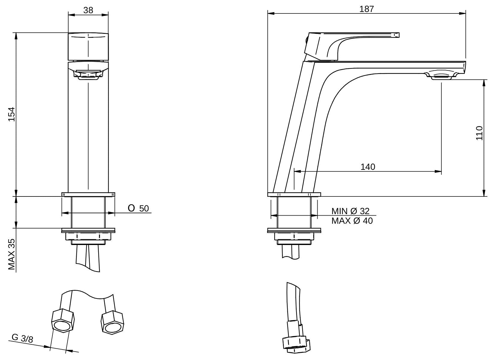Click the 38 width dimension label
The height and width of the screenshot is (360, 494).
88,10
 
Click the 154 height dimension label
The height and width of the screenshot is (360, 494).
11,114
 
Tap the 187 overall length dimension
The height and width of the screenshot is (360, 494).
366,9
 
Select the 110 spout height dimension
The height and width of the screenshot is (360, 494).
479,133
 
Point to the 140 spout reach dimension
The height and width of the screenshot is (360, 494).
367,167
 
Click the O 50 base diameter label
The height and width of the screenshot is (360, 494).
138,208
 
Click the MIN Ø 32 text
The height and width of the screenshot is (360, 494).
350,211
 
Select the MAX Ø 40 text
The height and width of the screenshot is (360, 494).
352,221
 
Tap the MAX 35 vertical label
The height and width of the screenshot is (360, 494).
11,254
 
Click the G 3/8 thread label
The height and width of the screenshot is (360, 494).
22,338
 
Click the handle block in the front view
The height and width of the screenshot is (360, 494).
88,47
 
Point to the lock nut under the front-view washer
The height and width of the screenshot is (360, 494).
88,237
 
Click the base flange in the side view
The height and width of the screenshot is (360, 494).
294,195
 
